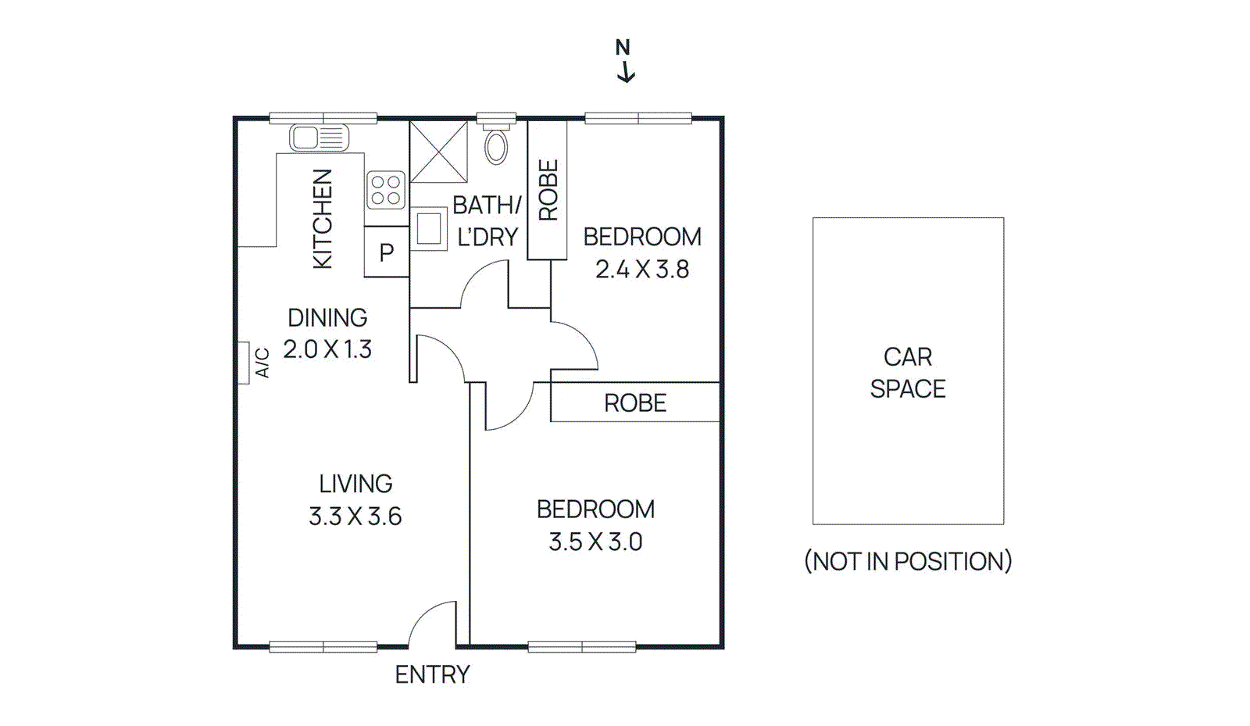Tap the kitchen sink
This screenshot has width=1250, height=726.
click(x=319, y=138)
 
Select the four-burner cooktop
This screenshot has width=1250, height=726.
click(x=386, y=190)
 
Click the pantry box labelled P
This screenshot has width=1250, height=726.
click(x=386, y=252)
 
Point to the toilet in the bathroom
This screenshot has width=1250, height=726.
click(x=496, y=143)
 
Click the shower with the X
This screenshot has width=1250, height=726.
click(x=438, y=152)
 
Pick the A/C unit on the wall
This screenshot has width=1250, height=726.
click(x=244, y=363)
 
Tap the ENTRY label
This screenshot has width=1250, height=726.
click(x=432, y=674)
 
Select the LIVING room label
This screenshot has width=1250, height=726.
click(x=355, y=484)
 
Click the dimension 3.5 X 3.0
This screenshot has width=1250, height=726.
click(x=595, y=542)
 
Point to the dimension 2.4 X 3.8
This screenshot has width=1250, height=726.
click(x=642, y=270)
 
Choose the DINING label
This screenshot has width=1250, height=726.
click(x=327, y=318)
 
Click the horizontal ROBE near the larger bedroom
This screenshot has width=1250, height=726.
click(x=635, y=403)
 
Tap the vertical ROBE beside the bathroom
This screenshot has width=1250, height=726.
click(x=548, y=190)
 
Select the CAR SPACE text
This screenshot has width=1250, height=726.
click(x=908, y=373)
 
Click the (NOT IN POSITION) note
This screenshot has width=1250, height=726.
click(x=908, y=561)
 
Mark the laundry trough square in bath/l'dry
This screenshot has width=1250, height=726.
click(x=429, y=228)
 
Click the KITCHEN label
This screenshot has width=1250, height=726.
click(x=323, y=219)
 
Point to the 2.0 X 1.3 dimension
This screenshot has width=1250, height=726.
click(x=327, y=349)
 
